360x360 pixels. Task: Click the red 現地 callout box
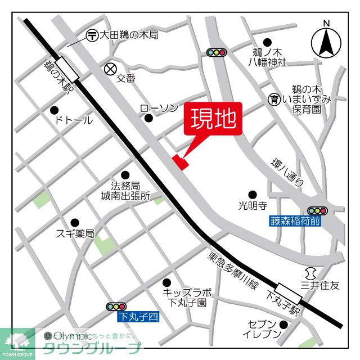[x=214, y=119]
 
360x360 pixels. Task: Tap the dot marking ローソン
[x=148, y=118]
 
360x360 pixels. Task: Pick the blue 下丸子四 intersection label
[x=138, y=317]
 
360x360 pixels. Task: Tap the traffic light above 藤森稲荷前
[x=317, y=211]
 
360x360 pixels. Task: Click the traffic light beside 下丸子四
[x=116, y=307]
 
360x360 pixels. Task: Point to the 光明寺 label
[x=253, y=206]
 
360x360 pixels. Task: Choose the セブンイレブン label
[x=262, y=329]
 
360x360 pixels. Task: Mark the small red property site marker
[x=181, y=161]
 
